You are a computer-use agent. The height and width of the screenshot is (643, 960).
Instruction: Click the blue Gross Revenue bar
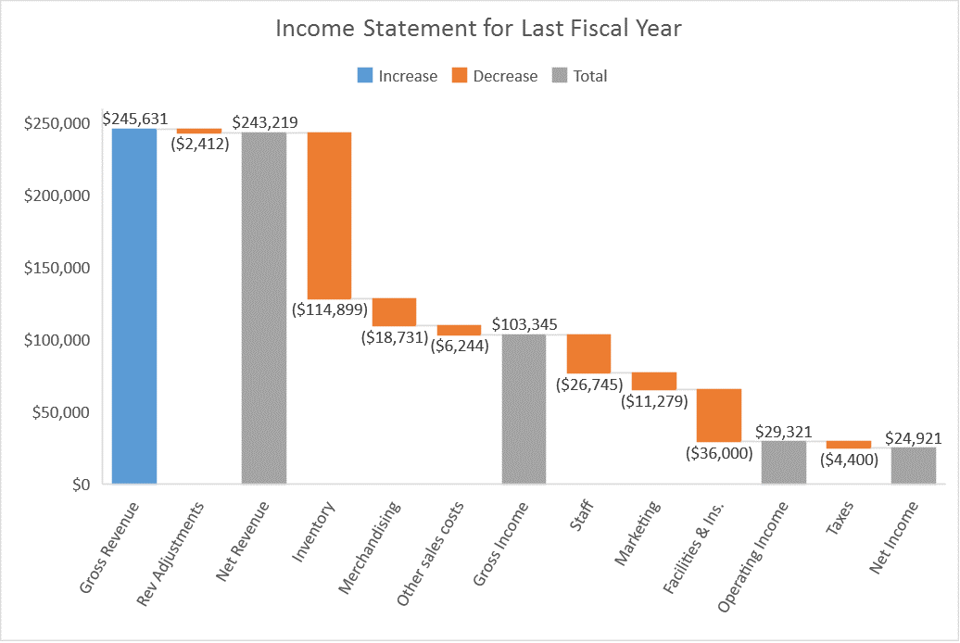(x=134, y=306)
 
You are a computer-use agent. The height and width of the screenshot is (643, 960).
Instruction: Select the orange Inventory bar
(x=329, y=215)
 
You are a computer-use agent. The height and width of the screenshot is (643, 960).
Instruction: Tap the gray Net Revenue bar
(x=264, y=308)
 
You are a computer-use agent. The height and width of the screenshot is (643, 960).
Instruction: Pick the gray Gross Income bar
(x=524, y=409)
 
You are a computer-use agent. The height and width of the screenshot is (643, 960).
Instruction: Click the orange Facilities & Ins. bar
(x=719, y=415)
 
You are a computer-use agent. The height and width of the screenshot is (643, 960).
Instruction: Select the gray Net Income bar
(x=914, y=465)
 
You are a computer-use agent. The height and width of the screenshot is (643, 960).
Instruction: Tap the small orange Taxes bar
(x=849, y=445)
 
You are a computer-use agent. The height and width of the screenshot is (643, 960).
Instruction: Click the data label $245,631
(x=135, y=119)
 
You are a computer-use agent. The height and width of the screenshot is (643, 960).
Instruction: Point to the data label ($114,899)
(x=330, y=309)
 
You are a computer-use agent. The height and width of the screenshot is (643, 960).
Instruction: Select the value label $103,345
(x=524, y=324)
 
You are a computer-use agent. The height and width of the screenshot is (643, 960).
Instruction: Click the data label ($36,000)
(x=719, y=453)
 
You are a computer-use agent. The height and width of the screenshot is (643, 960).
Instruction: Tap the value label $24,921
(x=914, y=437)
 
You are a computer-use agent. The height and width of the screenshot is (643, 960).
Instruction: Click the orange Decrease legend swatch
(x=458, y=76)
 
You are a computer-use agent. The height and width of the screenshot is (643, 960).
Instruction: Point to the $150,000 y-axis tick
(x=57, y=268)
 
